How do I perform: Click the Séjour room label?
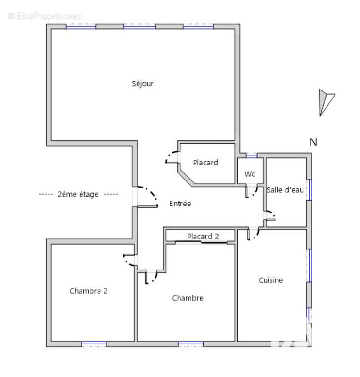click(143, 84)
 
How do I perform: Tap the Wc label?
click(250, 174)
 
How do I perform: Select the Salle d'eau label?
click(285, 190)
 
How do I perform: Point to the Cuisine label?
click(270, 280)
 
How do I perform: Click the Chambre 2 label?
click(89, 291)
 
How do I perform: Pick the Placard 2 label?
click(203, 237)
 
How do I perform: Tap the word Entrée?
click(180, 204)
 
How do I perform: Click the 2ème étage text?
click(78, 194)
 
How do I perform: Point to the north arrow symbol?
click(327, 103)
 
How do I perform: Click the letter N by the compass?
click(313, 142)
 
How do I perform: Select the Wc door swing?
click(251, 192)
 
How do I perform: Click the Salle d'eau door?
click(270, 216)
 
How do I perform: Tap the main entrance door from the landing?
click(147, 197)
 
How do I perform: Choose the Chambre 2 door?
click(130, 260)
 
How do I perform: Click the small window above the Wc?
click(252, 156)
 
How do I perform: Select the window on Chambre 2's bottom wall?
click(94, 344)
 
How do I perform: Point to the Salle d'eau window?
click(310, 190)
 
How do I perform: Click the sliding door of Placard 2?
click(201, 242)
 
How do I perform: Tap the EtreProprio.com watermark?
click(45, 16)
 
